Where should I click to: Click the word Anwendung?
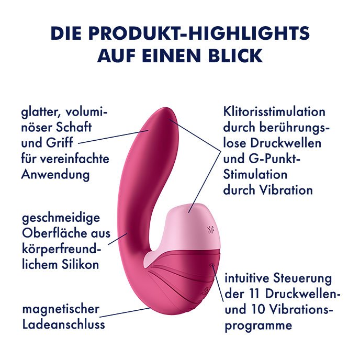55,174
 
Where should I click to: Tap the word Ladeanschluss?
63,324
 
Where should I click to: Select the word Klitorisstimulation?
274,112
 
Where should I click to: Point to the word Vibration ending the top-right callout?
284,189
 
